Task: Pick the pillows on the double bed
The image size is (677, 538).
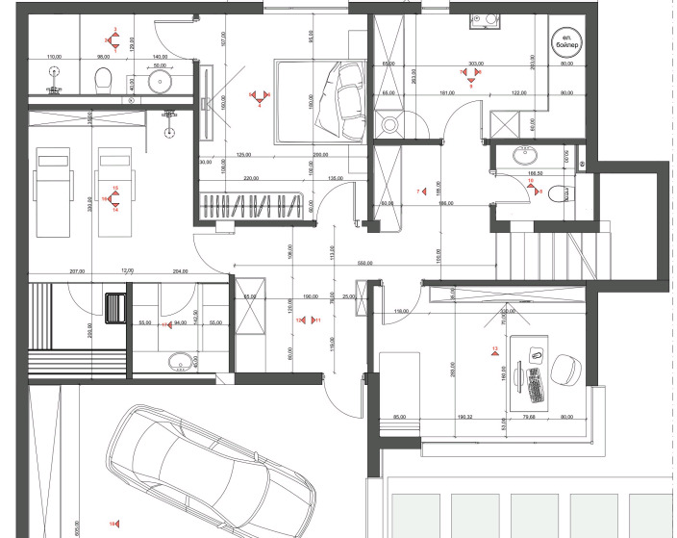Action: pyautogui.click(x=348, y=96)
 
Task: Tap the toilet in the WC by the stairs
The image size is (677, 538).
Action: pyautogui.click(x=566, y=192)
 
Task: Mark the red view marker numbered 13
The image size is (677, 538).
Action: pyautogui.click(x=495, y=352)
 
